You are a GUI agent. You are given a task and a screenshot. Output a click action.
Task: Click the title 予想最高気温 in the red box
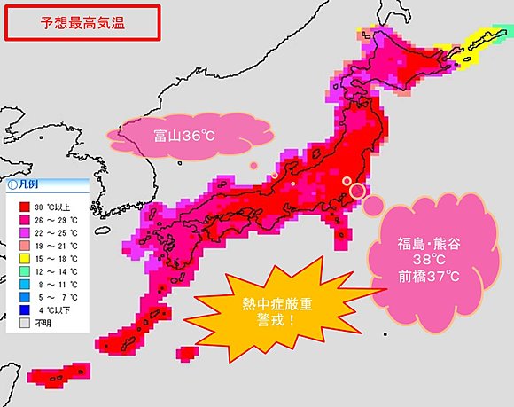point(82,23)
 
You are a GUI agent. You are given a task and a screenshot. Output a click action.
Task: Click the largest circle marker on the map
point(358,190)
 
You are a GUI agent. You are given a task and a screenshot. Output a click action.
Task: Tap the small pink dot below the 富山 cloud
point(253,165)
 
